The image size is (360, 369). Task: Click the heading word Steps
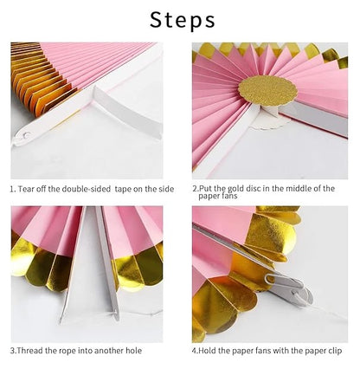click(x=179, y=19)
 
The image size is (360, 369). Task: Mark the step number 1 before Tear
click(x=12, y=188)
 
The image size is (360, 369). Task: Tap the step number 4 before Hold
click(x=194, y=351)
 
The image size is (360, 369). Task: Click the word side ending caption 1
click(x=171, y=188)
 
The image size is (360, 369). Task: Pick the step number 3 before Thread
click(x=13, y=351)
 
